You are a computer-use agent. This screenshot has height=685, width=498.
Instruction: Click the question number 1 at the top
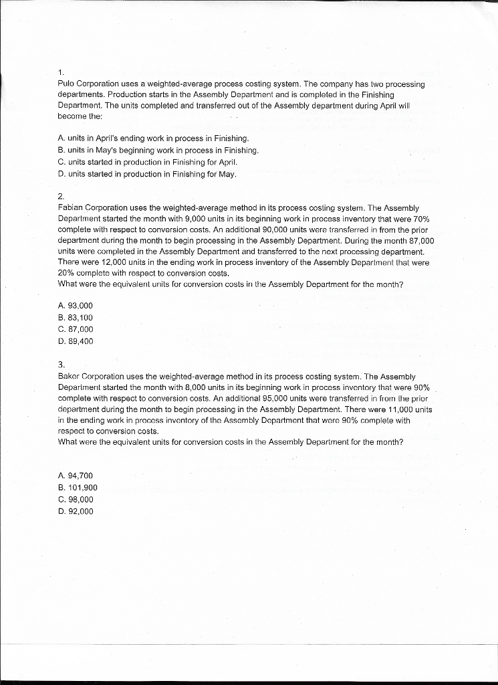[60, 72]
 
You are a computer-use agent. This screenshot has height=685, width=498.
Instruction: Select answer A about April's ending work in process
[134, 138]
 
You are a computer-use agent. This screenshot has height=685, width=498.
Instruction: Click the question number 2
[61, 196]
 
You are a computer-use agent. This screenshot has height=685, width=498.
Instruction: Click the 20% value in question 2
[68, 274]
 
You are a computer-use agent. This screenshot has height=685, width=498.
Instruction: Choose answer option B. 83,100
[76, 317]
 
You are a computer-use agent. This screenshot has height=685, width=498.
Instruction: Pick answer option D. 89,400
[76, 341]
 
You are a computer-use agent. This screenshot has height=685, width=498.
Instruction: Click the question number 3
[61, 365]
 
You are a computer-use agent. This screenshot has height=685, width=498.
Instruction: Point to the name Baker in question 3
[70, 377]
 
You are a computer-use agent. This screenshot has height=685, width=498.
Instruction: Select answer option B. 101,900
[78, 487]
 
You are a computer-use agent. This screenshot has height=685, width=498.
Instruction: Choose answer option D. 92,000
[76, 511]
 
